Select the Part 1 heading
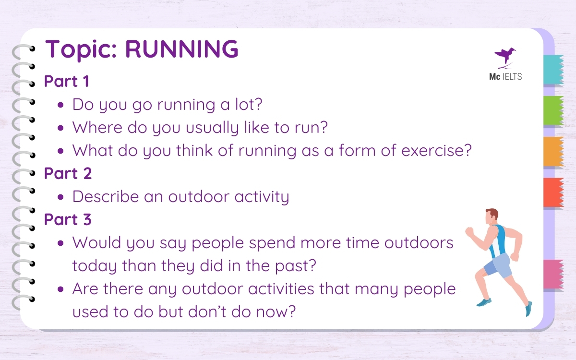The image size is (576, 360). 67,81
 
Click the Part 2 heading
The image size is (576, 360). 68,174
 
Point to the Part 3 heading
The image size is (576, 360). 68,219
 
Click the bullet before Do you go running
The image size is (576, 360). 61,105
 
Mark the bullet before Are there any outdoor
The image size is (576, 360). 61,290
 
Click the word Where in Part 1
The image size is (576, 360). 96,128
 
